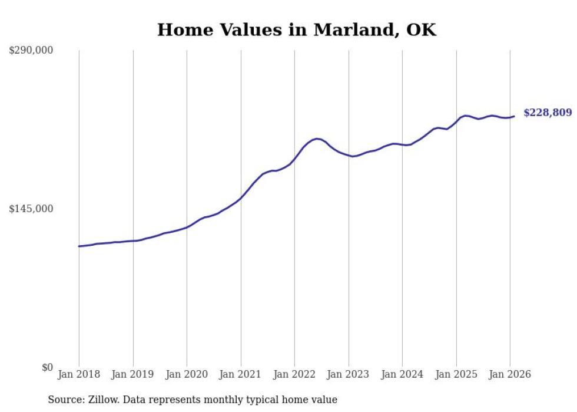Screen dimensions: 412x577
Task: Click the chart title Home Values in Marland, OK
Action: point(297,29)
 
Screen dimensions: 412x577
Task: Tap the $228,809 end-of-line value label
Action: point(547,112)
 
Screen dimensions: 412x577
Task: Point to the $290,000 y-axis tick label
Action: point(31,51)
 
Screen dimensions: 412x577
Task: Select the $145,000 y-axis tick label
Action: point(31,209)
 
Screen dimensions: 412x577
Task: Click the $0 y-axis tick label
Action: point(47,368)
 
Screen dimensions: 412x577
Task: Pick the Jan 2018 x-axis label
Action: point(79,374)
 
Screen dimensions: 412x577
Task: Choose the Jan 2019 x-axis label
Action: point(133,374)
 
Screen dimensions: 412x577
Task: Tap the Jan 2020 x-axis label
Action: point(187,374)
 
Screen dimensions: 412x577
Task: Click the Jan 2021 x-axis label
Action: point(241,374)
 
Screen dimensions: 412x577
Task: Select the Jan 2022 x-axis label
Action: point(294,374)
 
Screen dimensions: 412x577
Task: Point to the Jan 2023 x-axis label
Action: point(349,374)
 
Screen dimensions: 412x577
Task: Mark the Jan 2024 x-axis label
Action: point(402,374)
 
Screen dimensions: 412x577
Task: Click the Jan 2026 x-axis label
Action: point(510,374)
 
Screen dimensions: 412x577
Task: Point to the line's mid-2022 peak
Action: point(317,139)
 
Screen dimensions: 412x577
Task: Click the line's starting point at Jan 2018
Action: point(79,246)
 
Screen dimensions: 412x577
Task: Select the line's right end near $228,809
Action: point(514,116)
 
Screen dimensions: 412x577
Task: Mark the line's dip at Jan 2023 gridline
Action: point(351,156)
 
